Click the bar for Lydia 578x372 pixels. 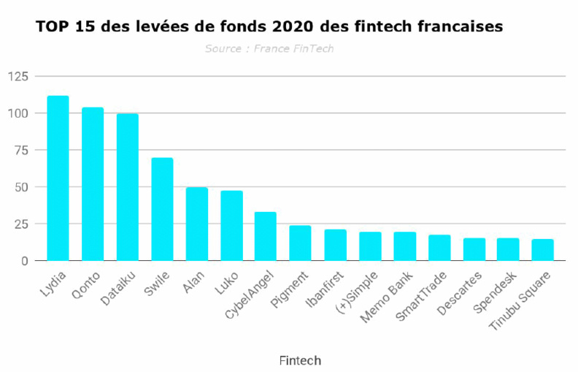[x=58, y=178]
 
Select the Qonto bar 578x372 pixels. [x=93, y=184]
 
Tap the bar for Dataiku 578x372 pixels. [x=127, y=187]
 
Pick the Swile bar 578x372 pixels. [x=162, y=209]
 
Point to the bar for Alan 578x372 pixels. [x=196, y=224]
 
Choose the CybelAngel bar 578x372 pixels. [x=265, y=236]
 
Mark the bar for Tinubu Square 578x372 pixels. [x=542, y=250]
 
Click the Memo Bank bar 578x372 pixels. [x=404, y=246]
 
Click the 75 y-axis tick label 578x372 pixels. [x=21, y=151]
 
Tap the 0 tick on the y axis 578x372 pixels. [x=25, y=261]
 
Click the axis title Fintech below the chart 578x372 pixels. [x=300, y=360]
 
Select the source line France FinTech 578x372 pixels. [x=269, y=49]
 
